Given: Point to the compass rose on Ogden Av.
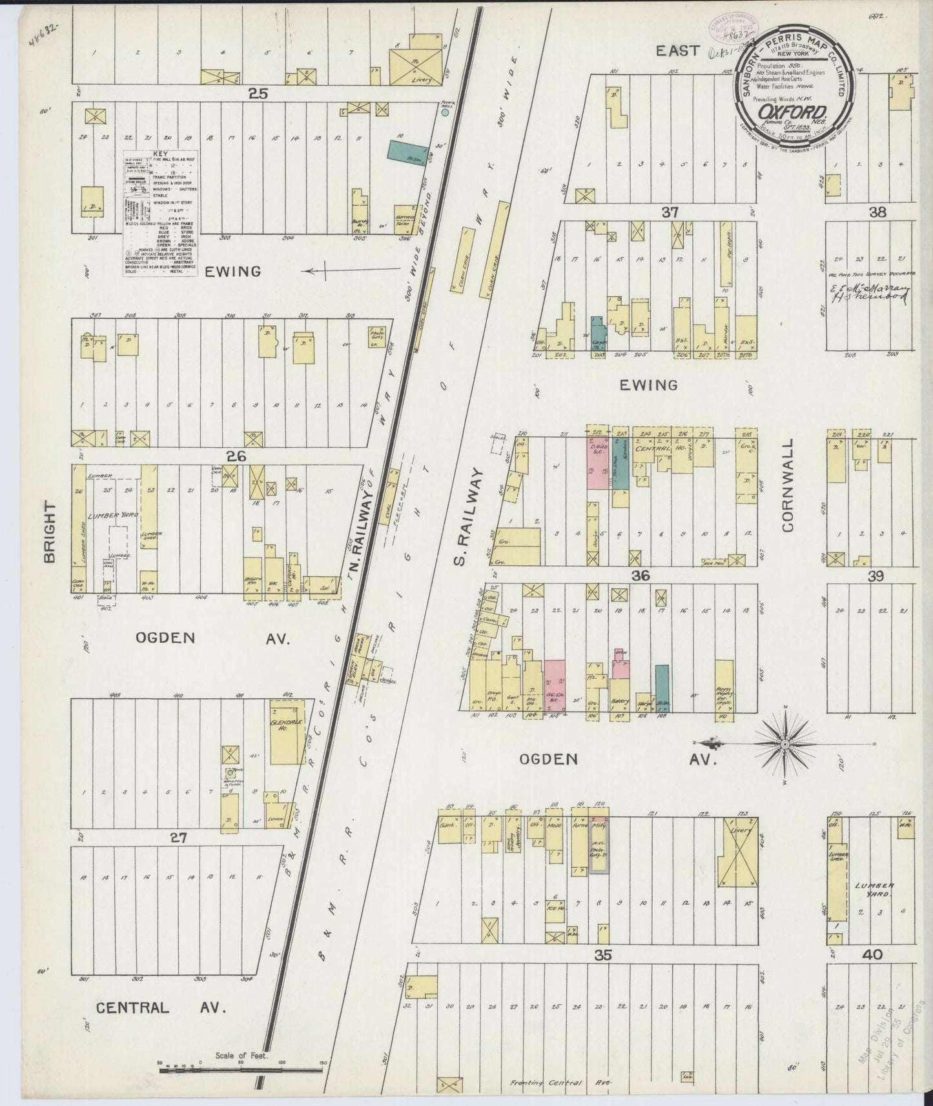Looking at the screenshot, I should (x=784, y=744).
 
